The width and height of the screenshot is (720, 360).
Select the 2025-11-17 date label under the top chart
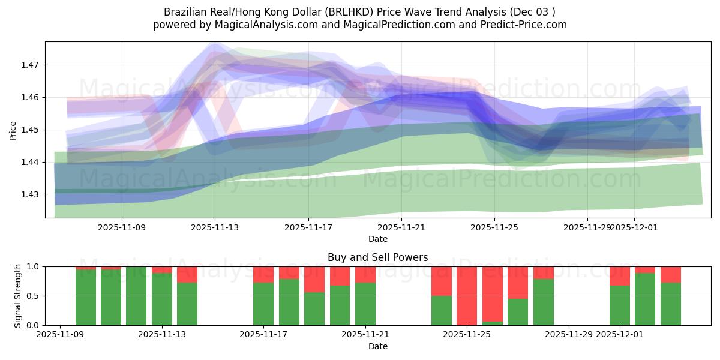pos(308,228)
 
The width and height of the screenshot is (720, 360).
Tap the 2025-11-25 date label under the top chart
pos(494,228)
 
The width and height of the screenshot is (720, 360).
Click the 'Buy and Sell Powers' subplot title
pos(377,257)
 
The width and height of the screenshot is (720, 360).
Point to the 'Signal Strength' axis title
pos(17,296)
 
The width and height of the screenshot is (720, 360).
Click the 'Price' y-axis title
pos(13,130)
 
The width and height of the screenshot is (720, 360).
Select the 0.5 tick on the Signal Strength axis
pos(32,296)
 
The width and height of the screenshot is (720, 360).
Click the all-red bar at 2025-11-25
pos(467,296)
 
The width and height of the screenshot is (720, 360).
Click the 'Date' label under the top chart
pos(377,239)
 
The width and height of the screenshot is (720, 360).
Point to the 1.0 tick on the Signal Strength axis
pos(32,266)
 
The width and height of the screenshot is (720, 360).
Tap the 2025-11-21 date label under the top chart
pos(401,228)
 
